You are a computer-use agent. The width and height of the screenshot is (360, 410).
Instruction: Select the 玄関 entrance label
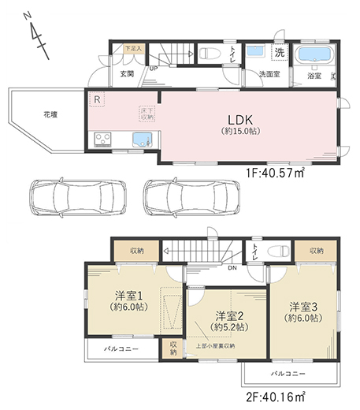(x=127, y=73)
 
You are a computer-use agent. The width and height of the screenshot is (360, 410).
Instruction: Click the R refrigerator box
(x=96, y=99)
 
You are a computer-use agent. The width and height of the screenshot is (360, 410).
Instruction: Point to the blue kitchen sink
(x=140, y=141)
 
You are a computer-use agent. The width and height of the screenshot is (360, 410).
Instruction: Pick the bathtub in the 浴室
(x=314, y=58)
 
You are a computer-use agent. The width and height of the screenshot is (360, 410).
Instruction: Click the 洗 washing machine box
(x=280, y=53)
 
